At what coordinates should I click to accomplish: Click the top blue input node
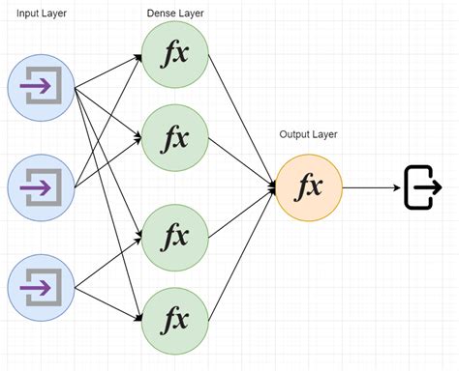tap(40, 88)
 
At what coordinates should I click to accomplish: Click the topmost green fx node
tap(175, 52)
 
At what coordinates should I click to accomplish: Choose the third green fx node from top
tap(175, 234)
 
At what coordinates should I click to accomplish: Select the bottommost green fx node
tap(175, 318)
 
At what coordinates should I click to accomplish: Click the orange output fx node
tap(309, 186)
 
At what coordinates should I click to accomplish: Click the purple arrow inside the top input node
tap(38, 88)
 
